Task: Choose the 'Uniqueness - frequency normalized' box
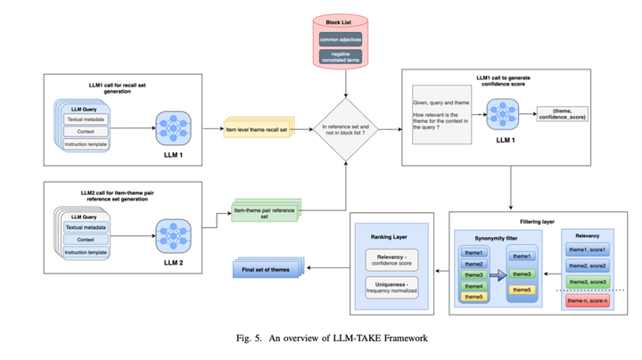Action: click(x=393, y=290)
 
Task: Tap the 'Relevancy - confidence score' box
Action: click(x=393, y=259)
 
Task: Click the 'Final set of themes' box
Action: click(x=265, y=266)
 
